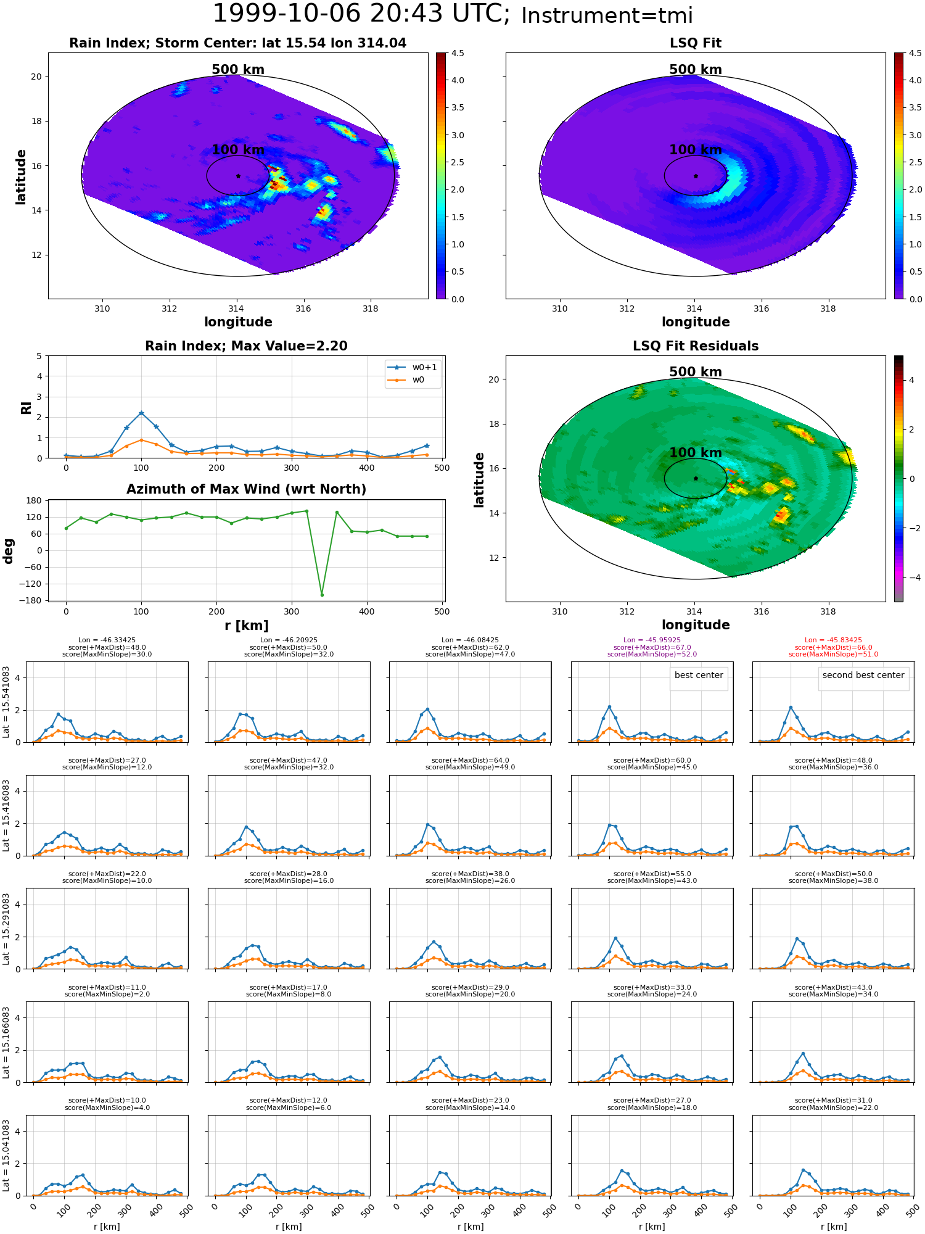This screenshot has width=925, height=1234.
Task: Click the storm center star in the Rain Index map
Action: coord(238,176)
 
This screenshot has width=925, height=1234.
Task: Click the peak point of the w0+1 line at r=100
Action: coord(141,413)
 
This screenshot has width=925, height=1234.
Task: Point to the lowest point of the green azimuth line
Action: coord(322,595)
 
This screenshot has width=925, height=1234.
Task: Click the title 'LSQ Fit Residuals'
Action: coord(696,346)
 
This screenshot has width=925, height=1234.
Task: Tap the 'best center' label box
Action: coord(699,676)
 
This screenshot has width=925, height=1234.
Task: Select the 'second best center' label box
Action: coord(863,676)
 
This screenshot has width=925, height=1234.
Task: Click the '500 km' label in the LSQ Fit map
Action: coord(696,70)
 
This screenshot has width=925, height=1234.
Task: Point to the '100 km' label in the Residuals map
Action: coord(696,453)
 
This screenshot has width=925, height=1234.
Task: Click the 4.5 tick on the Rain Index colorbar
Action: coord(458,54)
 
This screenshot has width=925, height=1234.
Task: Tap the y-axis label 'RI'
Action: coord(26,408)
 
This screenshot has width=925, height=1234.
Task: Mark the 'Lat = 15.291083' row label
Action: coord(6,929)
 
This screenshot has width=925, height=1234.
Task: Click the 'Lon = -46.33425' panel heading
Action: coord(107,640)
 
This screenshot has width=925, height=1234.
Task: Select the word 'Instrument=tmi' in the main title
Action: coord(607,16)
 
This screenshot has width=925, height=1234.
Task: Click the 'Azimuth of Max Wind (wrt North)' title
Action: coord(246,489)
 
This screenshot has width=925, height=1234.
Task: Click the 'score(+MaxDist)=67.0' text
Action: coord(652,647)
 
